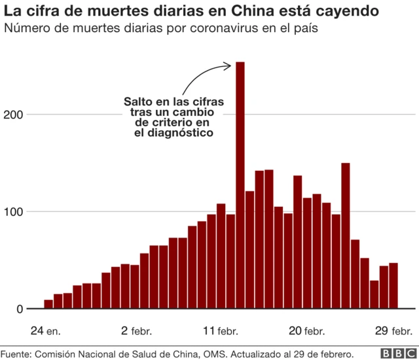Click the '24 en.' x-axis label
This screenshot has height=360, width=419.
[45, 330]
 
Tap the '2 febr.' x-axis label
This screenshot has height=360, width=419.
[134, 330]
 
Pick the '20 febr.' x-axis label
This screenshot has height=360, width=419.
[306, 330]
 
